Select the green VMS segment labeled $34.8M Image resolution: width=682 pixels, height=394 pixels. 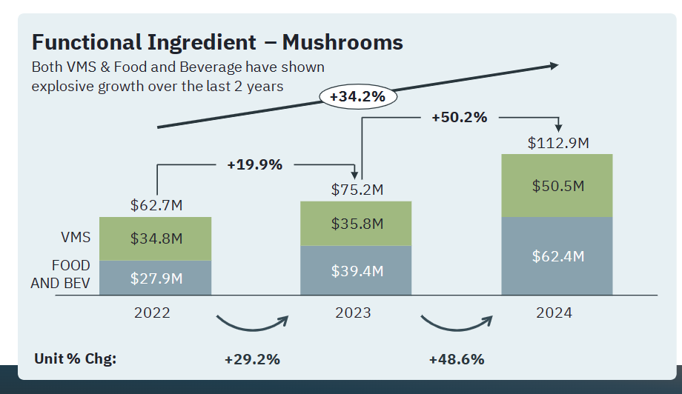point(155,238)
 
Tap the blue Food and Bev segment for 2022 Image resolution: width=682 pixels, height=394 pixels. point(155,278)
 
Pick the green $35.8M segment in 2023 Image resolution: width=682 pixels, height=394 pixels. point(355,223)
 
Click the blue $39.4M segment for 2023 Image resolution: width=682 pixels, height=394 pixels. point(355,270)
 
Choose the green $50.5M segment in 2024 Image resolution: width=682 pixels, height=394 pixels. point(557,185)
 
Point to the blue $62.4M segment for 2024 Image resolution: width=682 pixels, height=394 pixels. point(557,256)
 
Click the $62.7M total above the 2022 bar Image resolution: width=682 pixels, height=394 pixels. point(155,205)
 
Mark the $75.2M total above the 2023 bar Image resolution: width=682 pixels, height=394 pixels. point(357,190)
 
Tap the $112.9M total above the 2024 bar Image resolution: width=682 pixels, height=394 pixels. point(558,143)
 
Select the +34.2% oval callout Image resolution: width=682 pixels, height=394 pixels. point(357,96)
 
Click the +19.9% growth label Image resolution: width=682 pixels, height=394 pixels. point(254,164)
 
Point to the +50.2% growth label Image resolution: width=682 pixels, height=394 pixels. point(459,117)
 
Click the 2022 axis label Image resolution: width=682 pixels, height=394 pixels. point(152,313)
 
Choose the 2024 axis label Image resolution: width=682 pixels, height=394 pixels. point(554,313)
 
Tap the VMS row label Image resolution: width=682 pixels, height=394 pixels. point(76,238)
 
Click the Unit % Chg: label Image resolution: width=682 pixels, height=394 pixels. point(76,359)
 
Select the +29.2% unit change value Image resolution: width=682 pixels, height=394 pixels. point(252,359)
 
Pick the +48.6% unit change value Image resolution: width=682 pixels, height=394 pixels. point(457,359)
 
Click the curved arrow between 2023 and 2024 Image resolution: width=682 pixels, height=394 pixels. point(456,324)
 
